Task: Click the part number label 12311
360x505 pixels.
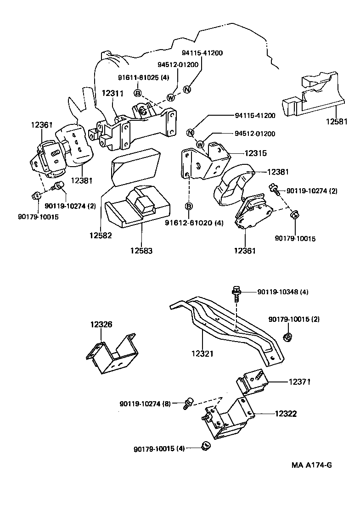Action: [x=112, y=93]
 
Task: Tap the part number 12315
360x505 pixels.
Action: [x=255, y=153]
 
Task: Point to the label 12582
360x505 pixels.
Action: [x=101, y=235]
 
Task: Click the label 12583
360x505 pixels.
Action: [x=141, y=251]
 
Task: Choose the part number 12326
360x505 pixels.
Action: [x=101, y=325]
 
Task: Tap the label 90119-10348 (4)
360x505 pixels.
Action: [x=282, y=292]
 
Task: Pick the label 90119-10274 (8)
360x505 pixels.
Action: [x=145, y=404]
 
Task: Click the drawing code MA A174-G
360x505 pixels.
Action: [x=311, y=465]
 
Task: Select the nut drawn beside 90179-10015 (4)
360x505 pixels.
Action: [x=206, y=445]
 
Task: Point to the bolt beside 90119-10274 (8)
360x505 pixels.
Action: [x=187, y=403]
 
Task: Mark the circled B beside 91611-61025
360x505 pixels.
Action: [x=137, y=93]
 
